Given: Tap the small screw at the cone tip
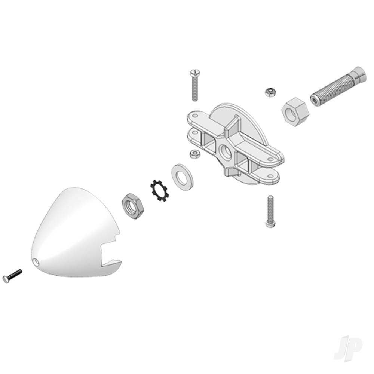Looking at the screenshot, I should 12,275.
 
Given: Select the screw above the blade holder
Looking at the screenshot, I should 195,85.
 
